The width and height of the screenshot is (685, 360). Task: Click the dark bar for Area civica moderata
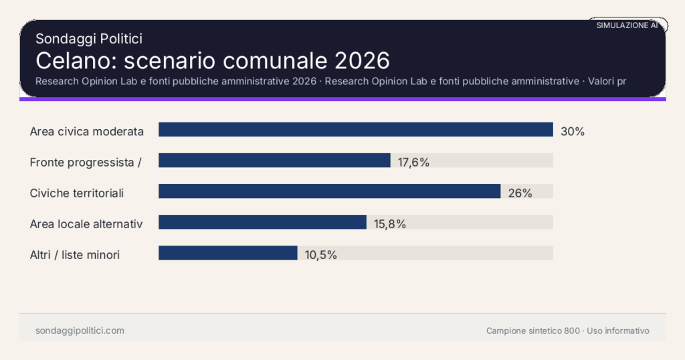[x=355, y=130]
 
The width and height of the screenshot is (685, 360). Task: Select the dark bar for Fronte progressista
[x=274, y=161]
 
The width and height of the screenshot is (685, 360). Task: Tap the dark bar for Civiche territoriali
[x=329, y=191]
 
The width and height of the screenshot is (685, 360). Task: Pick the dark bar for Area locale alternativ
[x=262, y=222]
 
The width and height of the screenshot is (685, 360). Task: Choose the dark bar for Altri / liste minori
[x=227, y=253]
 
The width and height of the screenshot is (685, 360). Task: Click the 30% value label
[x=573, y=132]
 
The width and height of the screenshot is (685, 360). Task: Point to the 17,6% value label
[x=413, y=163]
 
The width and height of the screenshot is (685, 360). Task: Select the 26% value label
[x=520, y=193]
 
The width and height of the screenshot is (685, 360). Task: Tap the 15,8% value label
[x=390, y=224]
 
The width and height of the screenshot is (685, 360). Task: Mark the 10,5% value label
[x=320, y=255]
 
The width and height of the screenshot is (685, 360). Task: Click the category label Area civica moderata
[x=87, y=132]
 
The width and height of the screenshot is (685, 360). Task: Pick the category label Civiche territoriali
[x=77, y=193]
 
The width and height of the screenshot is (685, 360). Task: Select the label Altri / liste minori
[x=75, y=255]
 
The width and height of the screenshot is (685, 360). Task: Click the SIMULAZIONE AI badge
[x=627, y=25]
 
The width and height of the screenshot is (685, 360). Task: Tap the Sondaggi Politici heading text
[x=89, y=39]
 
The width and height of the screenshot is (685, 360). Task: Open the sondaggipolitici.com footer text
[x=80, y=331]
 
